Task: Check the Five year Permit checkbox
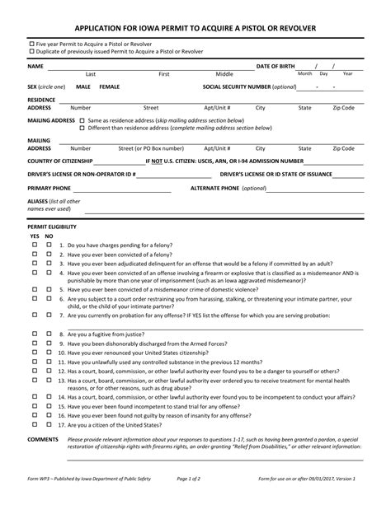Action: click(31, 43)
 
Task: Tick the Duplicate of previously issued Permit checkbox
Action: click(31, 51)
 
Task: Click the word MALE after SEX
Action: click(83, 86)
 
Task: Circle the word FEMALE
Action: click(109, 86)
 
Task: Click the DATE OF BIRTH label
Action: click(276, 65)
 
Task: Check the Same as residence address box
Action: click(82, 120)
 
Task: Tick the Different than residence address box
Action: click(82, 128)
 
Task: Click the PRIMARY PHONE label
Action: click(49, 188)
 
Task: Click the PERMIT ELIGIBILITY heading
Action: click(52, 226)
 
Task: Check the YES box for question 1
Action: click(35, 245)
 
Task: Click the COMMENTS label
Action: click(43, 440)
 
